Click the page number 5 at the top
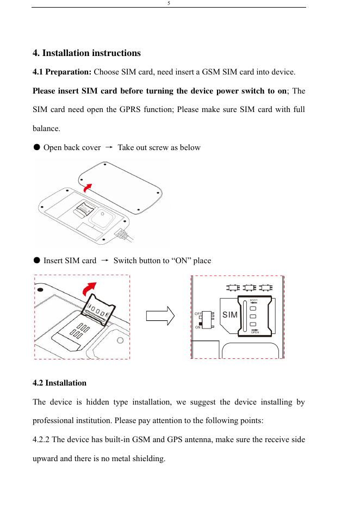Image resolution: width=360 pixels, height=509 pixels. tap(169, 3)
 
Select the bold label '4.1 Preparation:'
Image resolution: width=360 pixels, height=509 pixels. tap(63, 72)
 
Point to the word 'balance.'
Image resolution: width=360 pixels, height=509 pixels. tap(47, 130)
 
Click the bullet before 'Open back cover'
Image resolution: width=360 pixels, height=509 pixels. tap(36, 147)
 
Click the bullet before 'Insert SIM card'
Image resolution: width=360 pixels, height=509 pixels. tap(36, 260)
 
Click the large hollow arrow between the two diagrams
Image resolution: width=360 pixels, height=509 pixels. tap(162, 316)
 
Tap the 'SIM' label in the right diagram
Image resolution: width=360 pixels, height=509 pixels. tap(230, 315)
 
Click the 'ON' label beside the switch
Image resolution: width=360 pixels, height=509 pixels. tap(198, 327)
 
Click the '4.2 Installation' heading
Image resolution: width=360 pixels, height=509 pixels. tap(60, 383)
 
